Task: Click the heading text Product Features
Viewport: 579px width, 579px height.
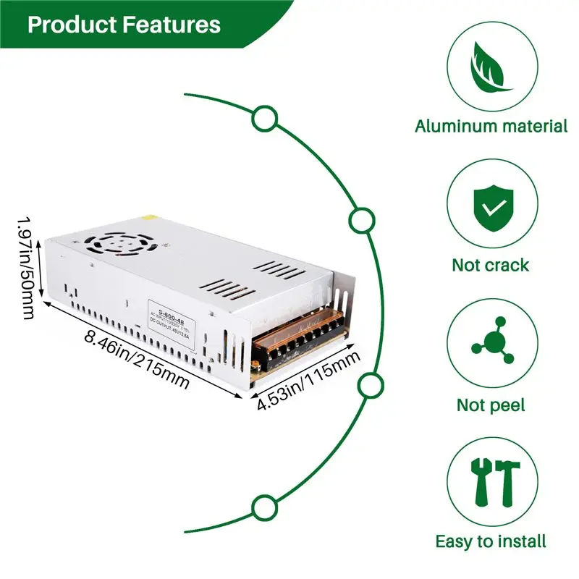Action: point(124,25)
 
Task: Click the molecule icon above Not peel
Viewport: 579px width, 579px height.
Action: point(491,346)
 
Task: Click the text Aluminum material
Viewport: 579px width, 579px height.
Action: point(491,126)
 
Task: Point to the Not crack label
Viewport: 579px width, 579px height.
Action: point(491,265)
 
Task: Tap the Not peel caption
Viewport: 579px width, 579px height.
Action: point(491,405)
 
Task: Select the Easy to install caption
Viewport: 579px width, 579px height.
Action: point(491,541)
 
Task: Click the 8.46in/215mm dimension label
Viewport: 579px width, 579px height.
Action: point(137,359)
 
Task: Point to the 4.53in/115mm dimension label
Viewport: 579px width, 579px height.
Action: point(308,381)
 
